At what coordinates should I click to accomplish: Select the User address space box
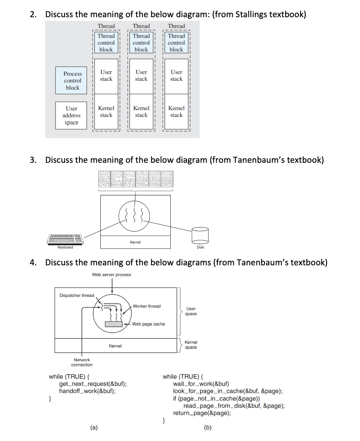pos(71,115)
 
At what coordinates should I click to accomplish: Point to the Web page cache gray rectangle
pos(114,324)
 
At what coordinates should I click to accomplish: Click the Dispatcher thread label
pos(77,295)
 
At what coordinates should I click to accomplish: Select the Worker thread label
pos(147,306)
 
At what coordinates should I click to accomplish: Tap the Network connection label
pos(82,362)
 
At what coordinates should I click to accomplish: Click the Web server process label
pos(112,275)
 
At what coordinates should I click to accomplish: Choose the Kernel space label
pos(191,345)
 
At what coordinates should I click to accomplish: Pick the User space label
pos(191,311)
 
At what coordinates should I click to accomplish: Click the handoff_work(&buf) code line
pos(87,391)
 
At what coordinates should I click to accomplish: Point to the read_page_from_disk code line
pos(234,406)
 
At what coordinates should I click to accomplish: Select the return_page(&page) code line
pos(202,413)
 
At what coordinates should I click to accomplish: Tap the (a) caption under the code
pos(94,427)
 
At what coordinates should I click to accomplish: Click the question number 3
pos(33,160)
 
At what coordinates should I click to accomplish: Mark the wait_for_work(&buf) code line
pos(201,384)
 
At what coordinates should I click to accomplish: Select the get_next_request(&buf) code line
pos(93,384)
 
